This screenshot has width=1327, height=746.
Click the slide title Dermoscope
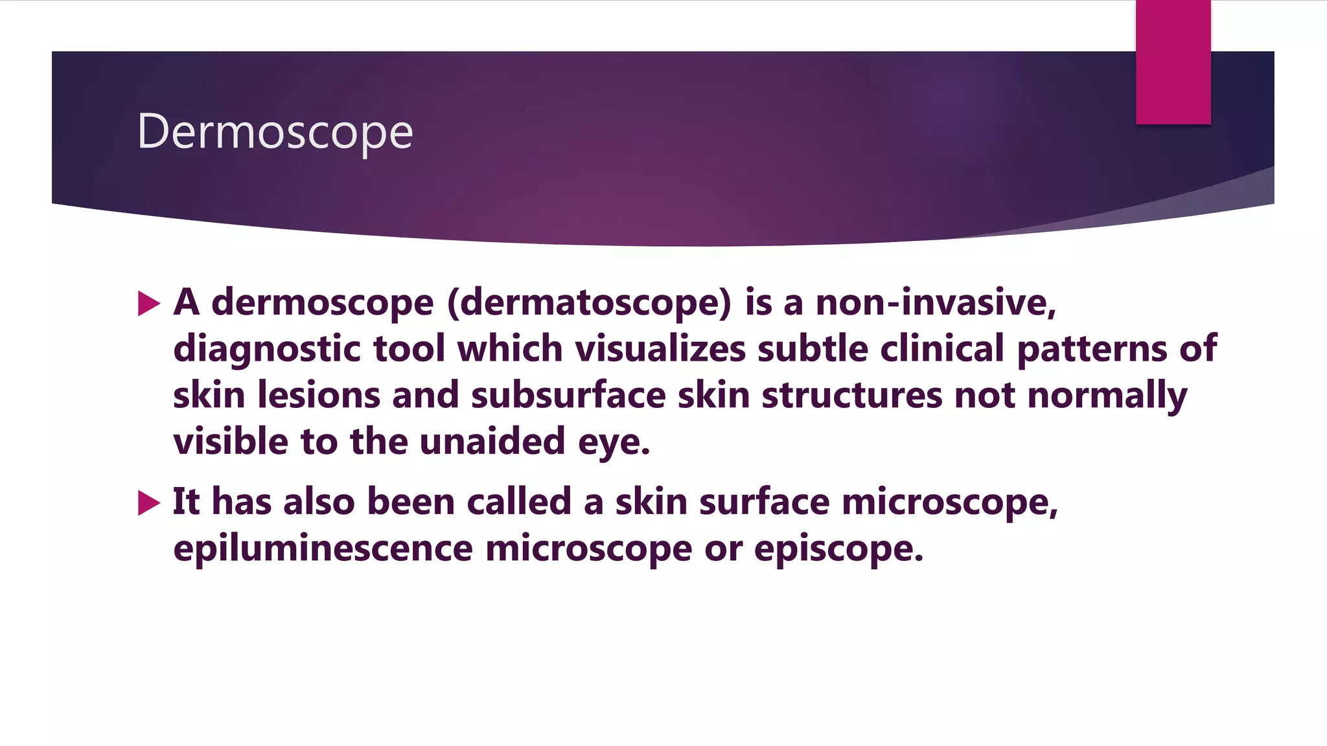pos(275,132)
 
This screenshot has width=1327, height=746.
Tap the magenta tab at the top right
pos(1173,62)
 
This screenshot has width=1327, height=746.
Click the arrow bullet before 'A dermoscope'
pos(149,303)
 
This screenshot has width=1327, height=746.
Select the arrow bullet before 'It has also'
pos(149,503)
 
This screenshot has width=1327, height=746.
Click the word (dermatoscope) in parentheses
pos(589,302)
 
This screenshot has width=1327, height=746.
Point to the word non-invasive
pos(936,302)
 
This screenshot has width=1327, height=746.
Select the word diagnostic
pos(267,350)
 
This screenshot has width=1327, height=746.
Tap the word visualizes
pos(660,348)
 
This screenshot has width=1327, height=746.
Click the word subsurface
pos(568,395)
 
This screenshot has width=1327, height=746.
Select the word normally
pos(1107,396)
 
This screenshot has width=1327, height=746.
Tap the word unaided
pos(492,442)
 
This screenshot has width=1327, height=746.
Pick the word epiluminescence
pos(323,549)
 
